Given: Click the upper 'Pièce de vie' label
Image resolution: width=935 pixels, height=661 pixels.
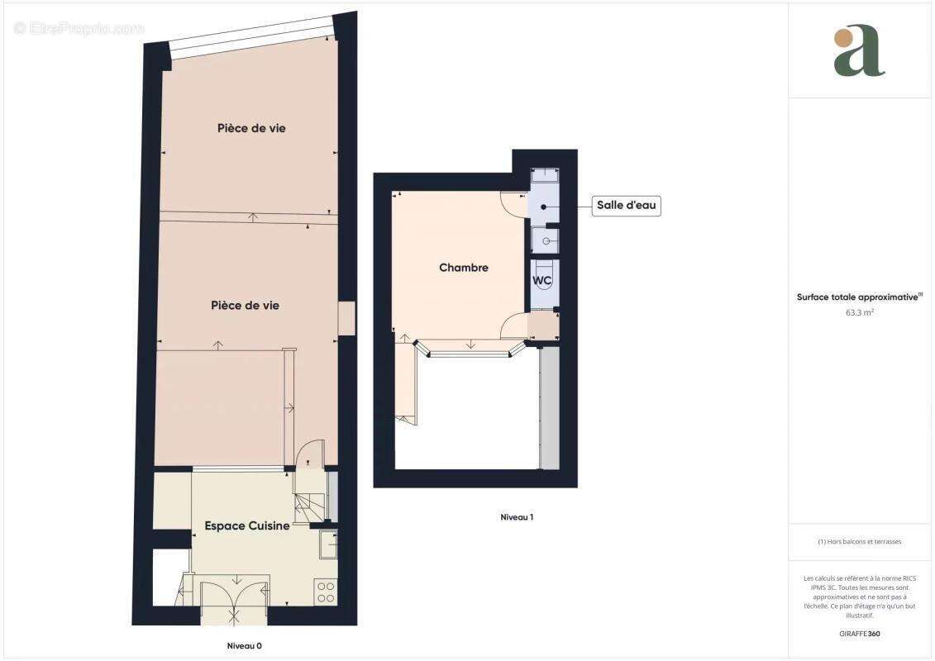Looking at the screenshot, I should point(251,128).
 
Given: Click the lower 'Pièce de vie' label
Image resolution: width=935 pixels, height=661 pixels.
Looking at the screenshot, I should point(245,305).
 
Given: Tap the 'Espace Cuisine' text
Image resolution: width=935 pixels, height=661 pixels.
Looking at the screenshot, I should point(246,525).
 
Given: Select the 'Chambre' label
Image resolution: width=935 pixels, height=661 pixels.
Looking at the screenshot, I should point(463,268).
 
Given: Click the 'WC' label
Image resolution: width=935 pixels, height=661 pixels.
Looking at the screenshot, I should point(541,281).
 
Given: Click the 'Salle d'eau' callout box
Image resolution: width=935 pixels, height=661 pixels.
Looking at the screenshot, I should point(627,206).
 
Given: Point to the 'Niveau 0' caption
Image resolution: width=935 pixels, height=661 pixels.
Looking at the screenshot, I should point(244,645).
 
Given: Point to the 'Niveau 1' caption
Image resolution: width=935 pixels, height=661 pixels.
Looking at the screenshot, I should point(517,517).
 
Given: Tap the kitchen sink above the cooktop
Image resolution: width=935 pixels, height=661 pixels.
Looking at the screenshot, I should point(328,544).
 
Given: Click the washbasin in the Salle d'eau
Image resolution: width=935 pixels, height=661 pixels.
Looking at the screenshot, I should point(545,240).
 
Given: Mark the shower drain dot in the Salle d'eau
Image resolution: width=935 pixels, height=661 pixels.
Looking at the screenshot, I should point(544,207).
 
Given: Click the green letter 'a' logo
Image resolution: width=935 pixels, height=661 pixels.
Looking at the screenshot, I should point(859,51).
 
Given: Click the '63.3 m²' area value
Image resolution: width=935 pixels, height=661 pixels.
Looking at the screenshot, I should point(859,313).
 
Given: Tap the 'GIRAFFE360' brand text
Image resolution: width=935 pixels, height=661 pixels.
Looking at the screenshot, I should point(859,635).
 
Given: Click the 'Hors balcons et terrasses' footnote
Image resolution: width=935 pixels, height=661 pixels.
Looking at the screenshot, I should point(859,542).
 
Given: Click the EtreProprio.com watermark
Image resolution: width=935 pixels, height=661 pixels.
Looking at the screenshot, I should point(79,28).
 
